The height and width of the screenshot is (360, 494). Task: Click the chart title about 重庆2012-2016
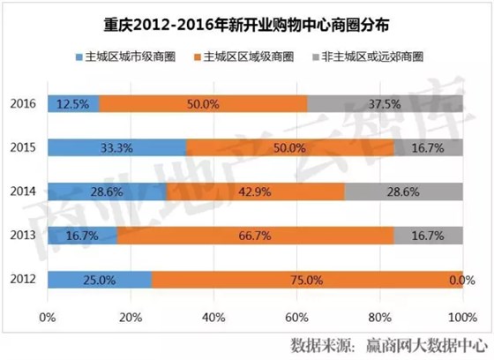[247, 21]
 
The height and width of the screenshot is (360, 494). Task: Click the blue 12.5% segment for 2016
[73, 103]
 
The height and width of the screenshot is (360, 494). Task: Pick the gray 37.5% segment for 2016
[385, 103]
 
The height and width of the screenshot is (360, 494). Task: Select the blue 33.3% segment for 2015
[116, 147]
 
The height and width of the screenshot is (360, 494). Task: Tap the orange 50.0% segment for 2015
[290, 147]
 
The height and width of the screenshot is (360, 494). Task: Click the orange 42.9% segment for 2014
[255, 191]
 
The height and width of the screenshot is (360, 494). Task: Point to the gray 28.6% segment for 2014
[403, 191]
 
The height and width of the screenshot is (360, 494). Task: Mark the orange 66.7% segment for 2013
[255, 236]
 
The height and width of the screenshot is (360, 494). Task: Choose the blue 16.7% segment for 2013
[82, 236]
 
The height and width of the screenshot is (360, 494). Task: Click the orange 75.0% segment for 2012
[307, 280]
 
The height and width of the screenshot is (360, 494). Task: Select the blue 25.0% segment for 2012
[99, 280]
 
